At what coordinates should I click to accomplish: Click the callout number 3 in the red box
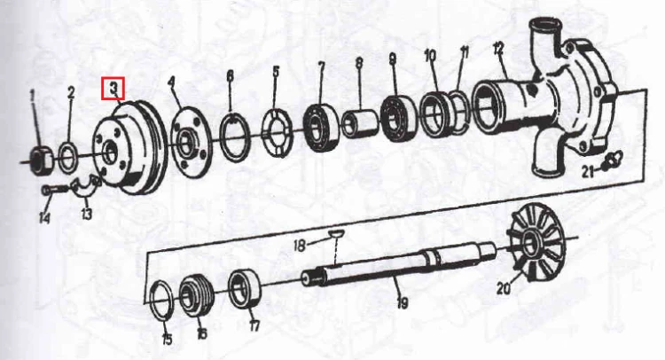coord(113,88)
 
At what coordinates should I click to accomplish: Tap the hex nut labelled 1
coord(41,160)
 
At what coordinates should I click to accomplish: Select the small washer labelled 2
coord(68,157)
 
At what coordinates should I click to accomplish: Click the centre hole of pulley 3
coord(110,153)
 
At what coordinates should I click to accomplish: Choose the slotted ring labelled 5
coord(278,133)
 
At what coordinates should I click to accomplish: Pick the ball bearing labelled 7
coord(321,127)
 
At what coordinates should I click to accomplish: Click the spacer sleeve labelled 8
coord(359,124)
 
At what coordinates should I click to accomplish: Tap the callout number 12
coord(498,49)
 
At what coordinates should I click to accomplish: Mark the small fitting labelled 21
coord(612,160)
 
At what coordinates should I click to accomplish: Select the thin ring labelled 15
coord(161,299)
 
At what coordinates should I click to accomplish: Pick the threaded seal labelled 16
coord(195,295)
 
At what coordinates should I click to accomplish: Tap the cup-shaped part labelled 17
coord(245,289)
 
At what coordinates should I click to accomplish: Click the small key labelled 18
coord(337,232)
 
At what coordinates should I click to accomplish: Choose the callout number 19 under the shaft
coord(402,302)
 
